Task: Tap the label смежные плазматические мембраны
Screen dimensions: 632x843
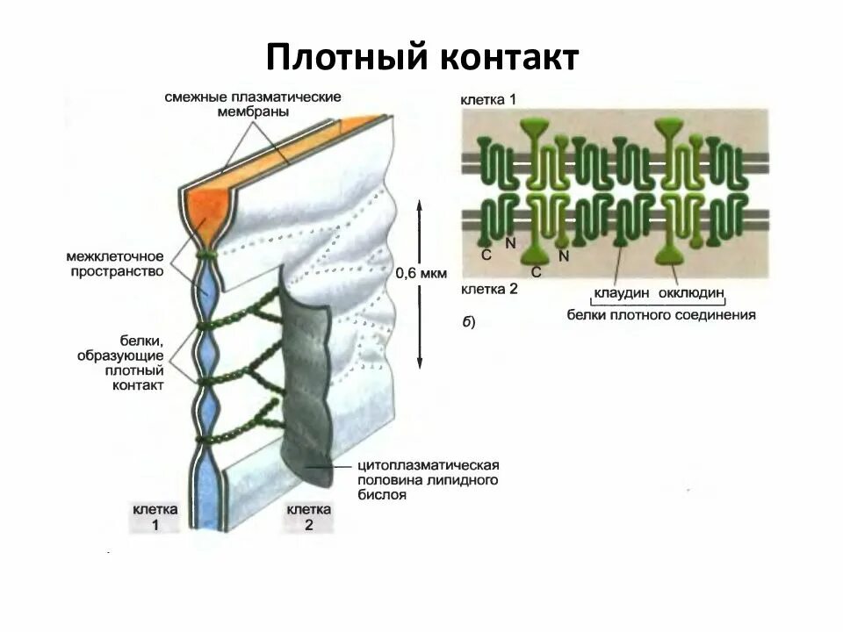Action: tap(252, 104)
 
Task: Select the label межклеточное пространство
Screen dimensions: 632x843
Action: tap(115, 264)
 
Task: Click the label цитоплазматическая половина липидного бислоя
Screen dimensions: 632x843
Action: tap(429, 479)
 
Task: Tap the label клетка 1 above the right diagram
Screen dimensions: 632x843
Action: tap(488, 101)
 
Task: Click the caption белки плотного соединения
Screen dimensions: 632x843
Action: tap(661, 314)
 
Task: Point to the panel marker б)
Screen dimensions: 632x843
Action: tap(468, 322)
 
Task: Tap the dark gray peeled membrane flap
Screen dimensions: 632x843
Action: tap(307, 386)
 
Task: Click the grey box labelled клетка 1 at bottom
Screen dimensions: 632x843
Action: tap(155, 517)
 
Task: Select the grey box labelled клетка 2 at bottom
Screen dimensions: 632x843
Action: tap(309, 517)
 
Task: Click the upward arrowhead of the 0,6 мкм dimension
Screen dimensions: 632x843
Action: tap(420, 203)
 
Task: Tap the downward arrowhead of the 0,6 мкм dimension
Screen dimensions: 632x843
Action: tap(420, 365)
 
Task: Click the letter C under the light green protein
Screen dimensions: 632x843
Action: tap(537, 273)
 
